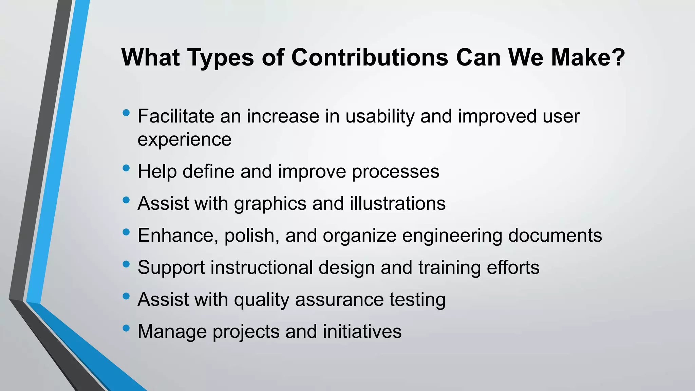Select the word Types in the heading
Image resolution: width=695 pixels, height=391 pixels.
221,58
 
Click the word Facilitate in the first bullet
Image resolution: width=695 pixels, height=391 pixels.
176,116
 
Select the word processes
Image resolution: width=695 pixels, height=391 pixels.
395,172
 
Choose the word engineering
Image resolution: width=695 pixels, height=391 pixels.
452,236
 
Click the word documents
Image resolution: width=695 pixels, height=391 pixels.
555,235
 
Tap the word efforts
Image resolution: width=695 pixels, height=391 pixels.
513,267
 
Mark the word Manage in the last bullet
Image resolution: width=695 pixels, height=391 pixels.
172,332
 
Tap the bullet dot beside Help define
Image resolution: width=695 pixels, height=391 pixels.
126,168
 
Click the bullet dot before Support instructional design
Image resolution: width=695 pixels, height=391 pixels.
126,264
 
